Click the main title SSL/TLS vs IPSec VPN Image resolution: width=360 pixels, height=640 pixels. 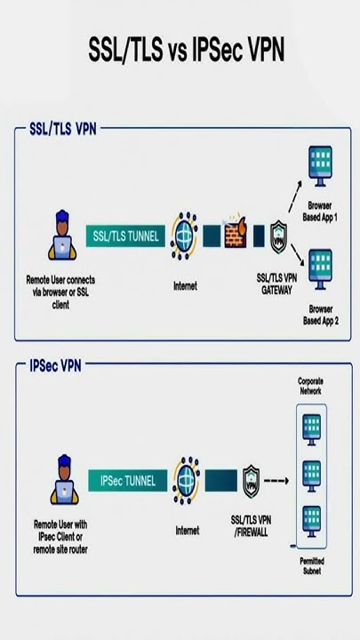pos(186,51)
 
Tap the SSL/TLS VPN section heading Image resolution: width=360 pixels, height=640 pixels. pos(62,128)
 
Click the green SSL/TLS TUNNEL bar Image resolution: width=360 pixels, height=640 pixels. pos(124,236)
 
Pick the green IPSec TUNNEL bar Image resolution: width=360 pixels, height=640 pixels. pos(128,481)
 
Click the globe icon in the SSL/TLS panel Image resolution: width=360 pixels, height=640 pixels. pos(184,236)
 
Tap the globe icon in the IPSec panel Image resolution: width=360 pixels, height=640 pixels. pos(186,481)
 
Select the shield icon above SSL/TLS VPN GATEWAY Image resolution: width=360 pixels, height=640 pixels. pos(280,236)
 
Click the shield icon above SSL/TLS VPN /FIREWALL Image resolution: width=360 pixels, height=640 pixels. pos(251,482)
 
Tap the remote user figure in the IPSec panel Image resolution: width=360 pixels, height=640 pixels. pos(64,479)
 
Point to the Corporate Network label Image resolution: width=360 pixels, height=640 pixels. pos(310,385)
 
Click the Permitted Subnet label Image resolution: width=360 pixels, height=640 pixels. pos(310,565)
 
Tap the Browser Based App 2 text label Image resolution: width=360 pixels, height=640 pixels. pos(320,315)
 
